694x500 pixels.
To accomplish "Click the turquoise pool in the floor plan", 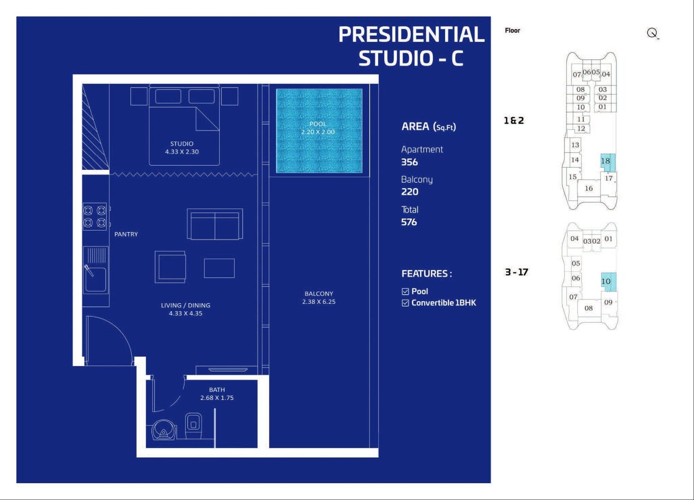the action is click(x=319, y=131).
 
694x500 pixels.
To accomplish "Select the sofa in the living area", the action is click(x=215, y=224).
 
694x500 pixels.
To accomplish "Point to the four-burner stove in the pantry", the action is click(x=95, y=216).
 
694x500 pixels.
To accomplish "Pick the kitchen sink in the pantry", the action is click(x=95, y=270).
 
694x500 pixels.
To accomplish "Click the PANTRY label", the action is click(x=126, y=234).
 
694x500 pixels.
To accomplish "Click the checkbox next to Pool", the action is click(x=405, y=291).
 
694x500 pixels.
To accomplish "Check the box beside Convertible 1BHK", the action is click(x=405, y=303).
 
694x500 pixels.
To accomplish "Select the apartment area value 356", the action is click(x=410, y=162).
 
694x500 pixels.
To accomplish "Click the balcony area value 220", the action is click(x=410, y=192).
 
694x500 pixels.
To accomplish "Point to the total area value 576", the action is click(x=409, y=222).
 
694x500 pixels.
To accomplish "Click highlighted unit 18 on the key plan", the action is click(x=608, y=162).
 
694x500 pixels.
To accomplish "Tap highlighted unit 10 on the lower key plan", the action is click(x=608, y=282).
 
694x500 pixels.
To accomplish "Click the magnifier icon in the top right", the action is click(x=652, y=33).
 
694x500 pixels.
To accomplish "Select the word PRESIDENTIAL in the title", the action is click(x=411, y=34).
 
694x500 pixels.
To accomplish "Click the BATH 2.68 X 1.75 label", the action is click(x=217, y=394).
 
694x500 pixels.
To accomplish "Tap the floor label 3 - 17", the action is click(x=517, y=272).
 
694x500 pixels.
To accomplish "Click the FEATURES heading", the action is click(x=427, y=274).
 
